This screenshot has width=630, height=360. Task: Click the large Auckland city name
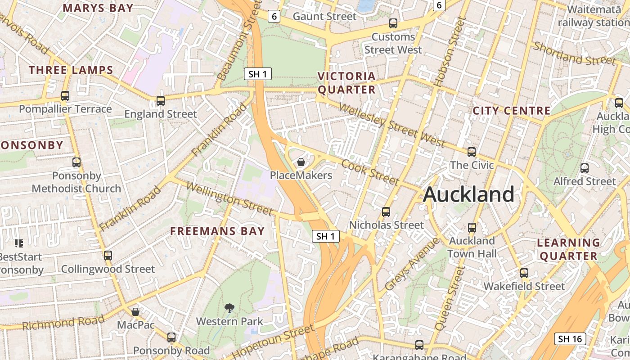[468, 194]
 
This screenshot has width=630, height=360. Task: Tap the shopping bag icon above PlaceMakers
[301, 162]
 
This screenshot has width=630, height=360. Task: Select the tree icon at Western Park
[229, 308]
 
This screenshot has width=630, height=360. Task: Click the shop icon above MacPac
[135, 312]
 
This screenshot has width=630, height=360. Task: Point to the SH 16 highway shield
[570, 339]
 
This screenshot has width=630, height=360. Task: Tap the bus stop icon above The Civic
[472, 152]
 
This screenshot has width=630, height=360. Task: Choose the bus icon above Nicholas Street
[386, 212]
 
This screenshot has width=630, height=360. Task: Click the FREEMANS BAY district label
[217, 231]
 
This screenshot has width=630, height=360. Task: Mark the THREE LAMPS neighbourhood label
[71, 70]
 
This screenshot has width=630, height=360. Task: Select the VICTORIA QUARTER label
[346, 83]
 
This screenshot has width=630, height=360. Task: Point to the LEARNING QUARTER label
[568, 249]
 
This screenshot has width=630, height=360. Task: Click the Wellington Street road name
[229, 198]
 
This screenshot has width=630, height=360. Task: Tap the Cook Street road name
[370, 172]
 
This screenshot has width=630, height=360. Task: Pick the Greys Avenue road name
[412, 264]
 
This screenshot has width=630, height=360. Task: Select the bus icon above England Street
[161, 101]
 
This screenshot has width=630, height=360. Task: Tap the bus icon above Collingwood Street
[108, 256]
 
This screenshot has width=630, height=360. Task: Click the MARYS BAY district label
[98, 8]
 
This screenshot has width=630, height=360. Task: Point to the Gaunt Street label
[324, 17]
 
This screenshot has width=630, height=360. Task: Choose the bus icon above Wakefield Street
[524, 273]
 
